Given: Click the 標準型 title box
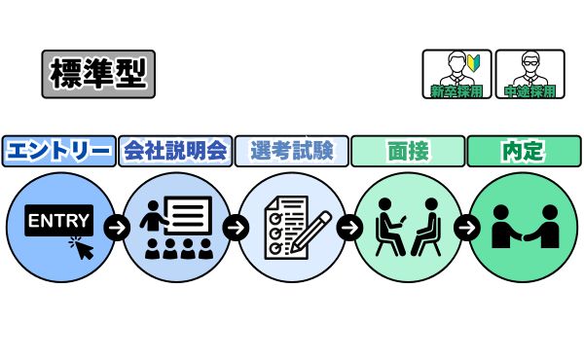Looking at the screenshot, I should [x=98, y=74].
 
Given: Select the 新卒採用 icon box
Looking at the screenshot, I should [x=456, y=74].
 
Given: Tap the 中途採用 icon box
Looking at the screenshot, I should [x=529, y=74].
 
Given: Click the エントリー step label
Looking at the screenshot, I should [x=57, y=151].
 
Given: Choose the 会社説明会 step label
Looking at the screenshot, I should [x=175, y=151].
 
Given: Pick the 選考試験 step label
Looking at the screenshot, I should [x=291, y=151].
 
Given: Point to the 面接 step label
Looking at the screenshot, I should [x=408, y=151].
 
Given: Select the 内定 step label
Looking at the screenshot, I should [x=524, y=151].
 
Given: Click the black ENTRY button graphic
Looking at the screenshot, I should [x=58, y=222].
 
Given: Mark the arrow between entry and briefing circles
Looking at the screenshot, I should [x=117, y=229].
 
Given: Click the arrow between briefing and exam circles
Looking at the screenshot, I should [x=234, y=229].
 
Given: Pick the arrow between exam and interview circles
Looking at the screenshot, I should [x=349, y=229].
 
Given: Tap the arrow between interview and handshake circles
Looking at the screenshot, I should [x=466, y=229].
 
